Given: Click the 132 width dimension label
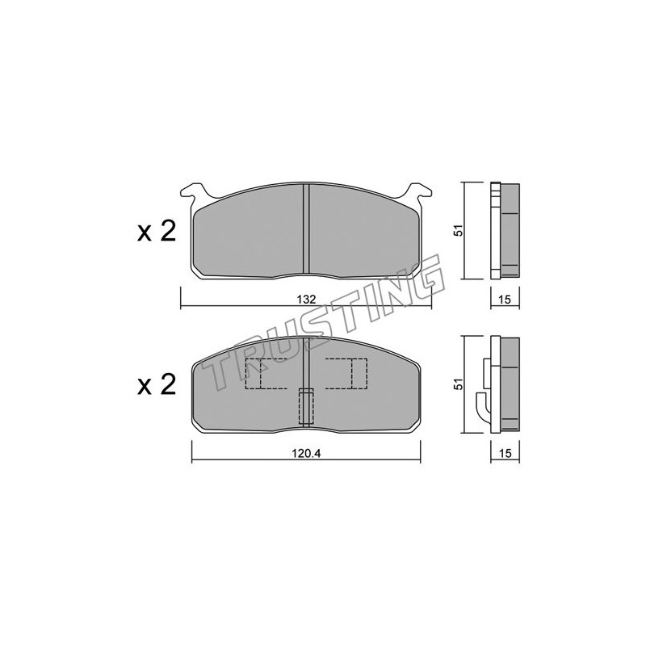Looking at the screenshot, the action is coord(306,299).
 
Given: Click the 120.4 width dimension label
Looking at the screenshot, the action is coord(306,453).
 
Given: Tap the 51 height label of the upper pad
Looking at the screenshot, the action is coord(459,230).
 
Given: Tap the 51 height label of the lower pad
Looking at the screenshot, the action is coord(459,384).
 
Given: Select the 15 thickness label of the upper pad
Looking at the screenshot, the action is coord(504,300).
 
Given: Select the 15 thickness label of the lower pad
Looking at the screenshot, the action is coord(504,454).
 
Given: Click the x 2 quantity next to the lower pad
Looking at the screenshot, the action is coord(157,385).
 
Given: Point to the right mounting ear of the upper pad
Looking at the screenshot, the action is coord(419,194).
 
